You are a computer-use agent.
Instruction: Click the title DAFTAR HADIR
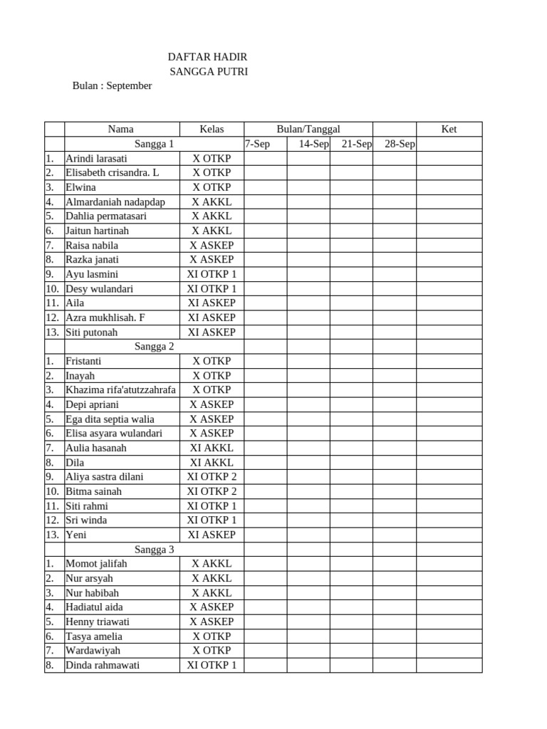(207, 57)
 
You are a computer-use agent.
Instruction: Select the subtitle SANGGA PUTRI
(209, 71)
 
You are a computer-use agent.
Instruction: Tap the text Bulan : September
(112, 85)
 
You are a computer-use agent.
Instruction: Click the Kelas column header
(212, 129)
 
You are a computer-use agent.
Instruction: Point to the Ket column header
(449, 129)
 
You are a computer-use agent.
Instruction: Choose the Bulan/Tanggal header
(308, 129)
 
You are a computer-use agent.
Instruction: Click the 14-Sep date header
(313, 144)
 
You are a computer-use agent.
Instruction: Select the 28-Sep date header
(400, 144)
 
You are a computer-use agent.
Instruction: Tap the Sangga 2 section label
(155, 347)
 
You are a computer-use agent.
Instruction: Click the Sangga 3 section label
(155, 549)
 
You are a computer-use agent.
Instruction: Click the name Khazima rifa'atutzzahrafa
(121, 389)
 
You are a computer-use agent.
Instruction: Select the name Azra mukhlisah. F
(105, 318)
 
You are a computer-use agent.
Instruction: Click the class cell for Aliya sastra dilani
(212, 476)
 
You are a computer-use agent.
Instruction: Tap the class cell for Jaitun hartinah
(212, 231)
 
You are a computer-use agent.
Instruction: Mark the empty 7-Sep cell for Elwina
(266, 187)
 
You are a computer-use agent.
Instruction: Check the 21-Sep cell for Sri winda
(351, 520)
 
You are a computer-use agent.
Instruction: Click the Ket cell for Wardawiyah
(449, 650)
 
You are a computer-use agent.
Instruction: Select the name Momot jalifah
(96, 563)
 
